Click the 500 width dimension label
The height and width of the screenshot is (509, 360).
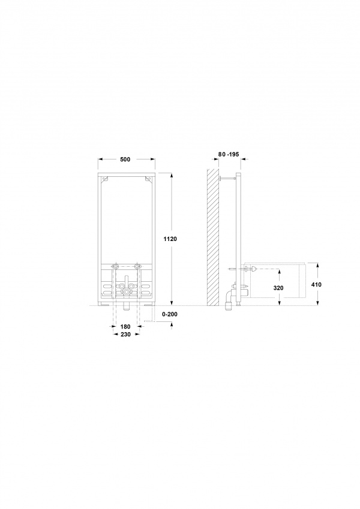(x=125, y=159)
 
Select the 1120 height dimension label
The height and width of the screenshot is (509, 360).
(x=170, y=239)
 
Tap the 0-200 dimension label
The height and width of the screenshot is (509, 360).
(x=170, y=314)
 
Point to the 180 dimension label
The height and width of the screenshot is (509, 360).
(x=126, y=327)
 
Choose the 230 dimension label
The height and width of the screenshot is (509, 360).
(x=126, y=334)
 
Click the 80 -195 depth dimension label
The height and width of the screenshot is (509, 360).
(x=229, y=154)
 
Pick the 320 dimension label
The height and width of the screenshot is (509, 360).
(x=278, y=288)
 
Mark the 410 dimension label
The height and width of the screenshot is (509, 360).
(x=316, y=285)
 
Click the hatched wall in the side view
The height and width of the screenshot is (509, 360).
(x=213, y=237)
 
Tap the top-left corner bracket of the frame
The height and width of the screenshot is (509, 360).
(x=104, y=179)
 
